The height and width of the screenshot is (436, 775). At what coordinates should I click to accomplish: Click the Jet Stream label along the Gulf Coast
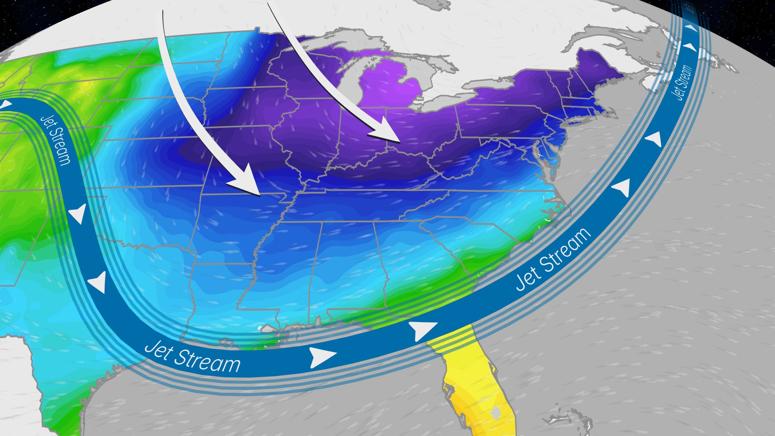[x=192, y=356]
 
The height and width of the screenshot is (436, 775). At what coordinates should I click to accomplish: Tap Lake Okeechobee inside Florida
[x=496, y=413]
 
